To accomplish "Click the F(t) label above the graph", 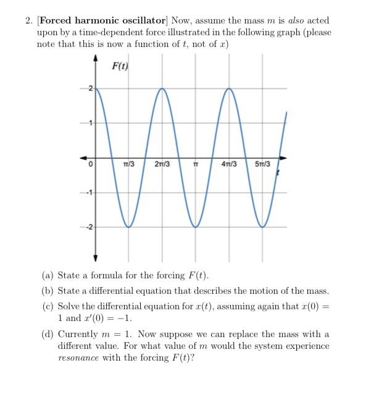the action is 120,66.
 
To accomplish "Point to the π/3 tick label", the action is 129,164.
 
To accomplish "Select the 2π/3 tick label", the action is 162,164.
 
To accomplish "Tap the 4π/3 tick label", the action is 230,164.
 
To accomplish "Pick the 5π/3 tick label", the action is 263,164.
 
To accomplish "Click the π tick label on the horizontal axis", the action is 196,164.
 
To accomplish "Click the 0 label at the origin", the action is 90,165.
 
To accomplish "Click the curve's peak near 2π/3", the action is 162,88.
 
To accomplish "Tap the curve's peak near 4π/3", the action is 230,88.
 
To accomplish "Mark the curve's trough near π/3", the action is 129,227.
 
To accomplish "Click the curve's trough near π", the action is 196,227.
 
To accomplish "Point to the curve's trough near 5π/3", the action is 264,227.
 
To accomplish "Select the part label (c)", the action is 47,306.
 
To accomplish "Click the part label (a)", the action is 47,275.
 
